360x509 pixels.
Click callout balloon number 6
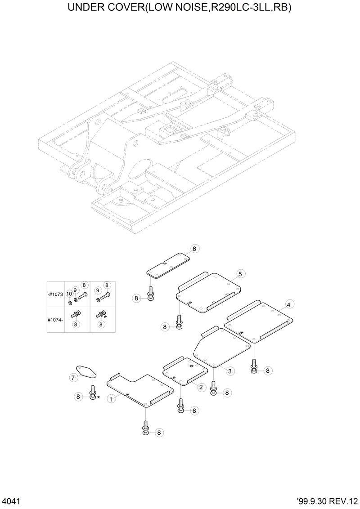click(x=194, y=249)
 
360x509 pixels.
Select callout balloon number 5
click(x=240, y=273)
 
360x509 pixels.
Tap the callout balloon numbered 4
click(x=288, y=304)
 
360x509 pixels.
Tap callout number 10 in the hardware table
click(x=69, y=294)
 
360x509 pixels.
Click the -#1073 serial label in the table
click(x=56, y=294)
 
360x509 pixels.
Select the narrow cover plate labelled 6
click(x=167, y=265)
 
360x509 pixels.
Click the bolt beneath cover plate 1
click(x=146, y=427)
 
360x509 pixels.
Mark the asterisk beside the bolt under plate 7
click(x=98, y=398)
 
